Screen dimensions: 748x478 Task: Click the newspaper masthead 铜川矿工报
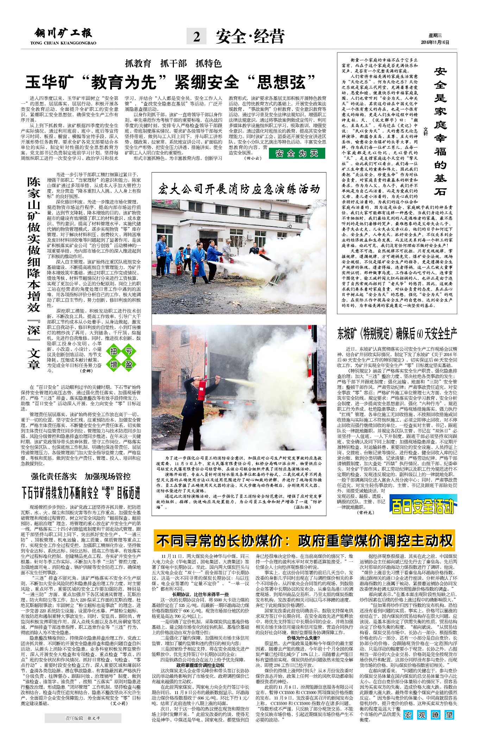[63, 33]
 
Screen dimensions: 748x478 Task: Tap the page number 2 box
[196, 36]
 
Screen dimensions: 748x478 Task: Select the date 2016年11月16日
[435, 42]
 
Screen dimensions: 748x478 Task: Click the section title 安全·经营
[250, 36]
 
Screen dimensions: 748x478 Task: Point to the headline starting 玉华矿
[170, 82]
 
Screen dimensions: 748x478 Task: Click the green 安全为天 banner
[297, 153]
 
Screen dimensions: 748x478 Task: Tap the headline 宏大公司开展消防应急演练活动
[239, 189]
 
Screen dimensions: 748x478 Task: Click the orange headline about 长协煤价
[304, 540]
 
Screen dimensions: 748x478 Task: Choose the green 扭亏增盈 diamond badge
[121, 357]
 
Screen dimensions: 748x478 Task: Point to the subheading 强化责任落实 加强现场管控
[81, 476]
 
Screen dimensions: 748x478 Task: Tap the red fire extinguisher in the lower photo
[202, 389]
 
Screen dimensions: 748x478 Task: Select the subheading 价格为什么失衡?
[303, 638]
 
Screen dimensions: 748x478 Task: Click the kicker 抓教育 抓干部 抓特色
[173, 63]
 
